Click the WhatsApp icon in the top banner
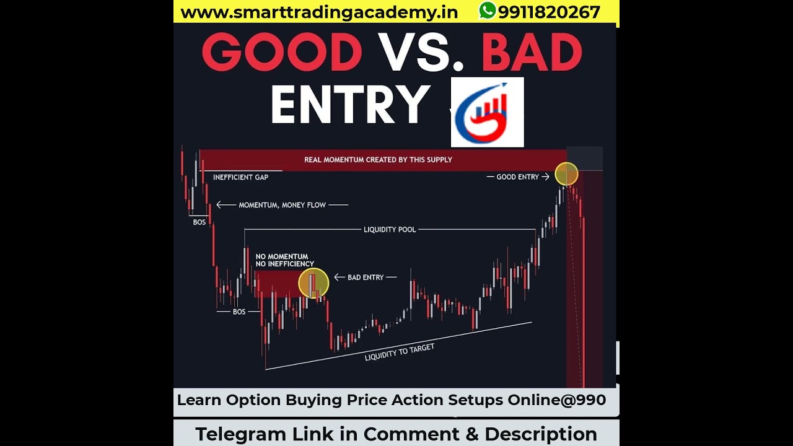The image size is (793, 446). point(488,11)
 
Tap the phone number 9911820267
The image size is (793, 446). point(549,12)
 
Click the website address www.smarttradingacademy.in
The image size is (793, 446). point(319,12)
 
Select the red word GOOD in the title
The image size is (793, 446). point(282,52)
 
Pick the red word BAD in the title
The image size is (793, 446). point(532,52)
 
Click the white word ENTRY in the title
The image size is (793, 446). point(350,104)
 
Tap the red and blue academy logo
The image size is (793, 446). point(487,112)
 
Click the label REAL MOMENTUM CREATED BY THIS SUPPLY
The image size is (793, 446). point(378,160)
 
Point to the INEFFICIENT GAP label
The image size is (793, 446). point(240,177)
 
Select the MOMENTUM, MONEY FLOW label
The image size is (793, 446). point(282,205)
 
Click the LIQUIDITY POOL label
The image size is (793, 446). point(390,230)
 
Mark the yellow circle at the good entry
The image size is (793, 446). point(566,174)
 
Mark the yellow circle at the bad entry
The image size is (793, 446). point(313,283)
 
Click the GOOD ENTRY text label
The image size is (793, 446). point(517,177)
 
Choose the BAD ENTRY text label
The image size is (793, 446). point(366,278)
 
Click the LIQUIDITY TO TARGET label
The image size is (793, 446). point(399,352)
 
